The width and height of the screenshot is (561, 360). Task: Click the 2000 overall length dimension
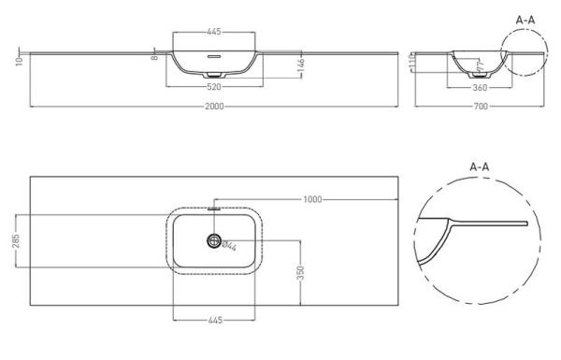tap(216, 106)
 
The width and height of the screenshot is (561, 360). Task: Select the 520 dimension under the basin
tap(216, 87)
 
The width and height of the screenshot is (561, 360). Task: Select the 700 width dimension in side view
tap(481, 106)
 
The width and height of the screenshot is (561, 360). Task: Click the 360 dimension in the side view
tap(481, 88)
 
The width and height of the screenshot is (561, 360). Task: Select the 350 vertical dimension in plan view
tap(300, 272)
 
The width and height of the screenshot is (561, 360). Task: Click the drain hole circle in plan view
tap(216, 242)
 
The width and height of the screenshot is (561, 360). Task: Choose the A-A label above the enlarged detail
tap(479, 166)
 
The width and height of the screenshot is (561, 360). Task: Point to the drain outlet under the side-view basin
tap(481, 75)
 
